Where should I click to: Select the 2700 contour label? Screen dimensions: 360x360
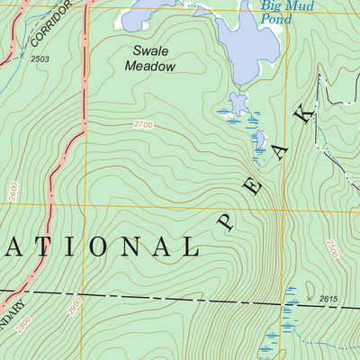(142, 124)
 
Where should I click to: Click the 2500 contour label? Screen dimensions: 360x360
(334, 248)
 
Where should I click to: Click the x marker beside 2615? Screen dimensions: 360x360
(309, 297)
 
